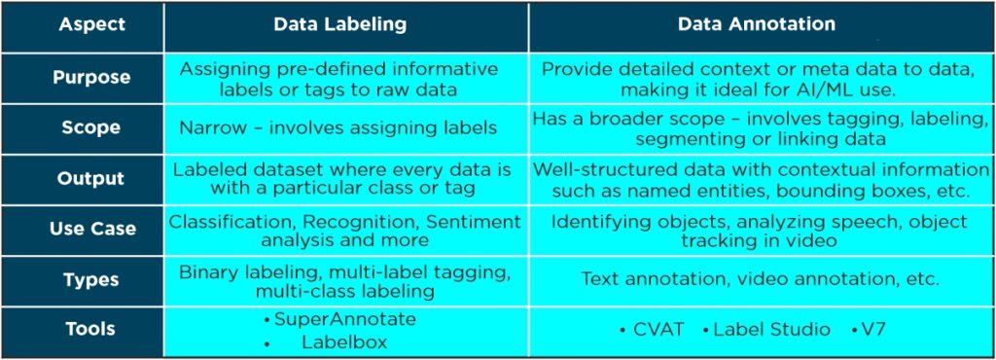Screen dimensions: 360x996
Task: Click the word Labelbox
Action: click(344, 342)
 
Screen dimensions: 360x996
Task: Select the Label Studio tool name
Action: click(771, 330)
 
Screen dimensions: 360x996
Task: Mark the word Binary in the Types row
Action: click(208, 271)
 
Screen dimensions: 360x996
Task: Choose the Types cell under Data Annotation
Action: click(760, 279)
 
